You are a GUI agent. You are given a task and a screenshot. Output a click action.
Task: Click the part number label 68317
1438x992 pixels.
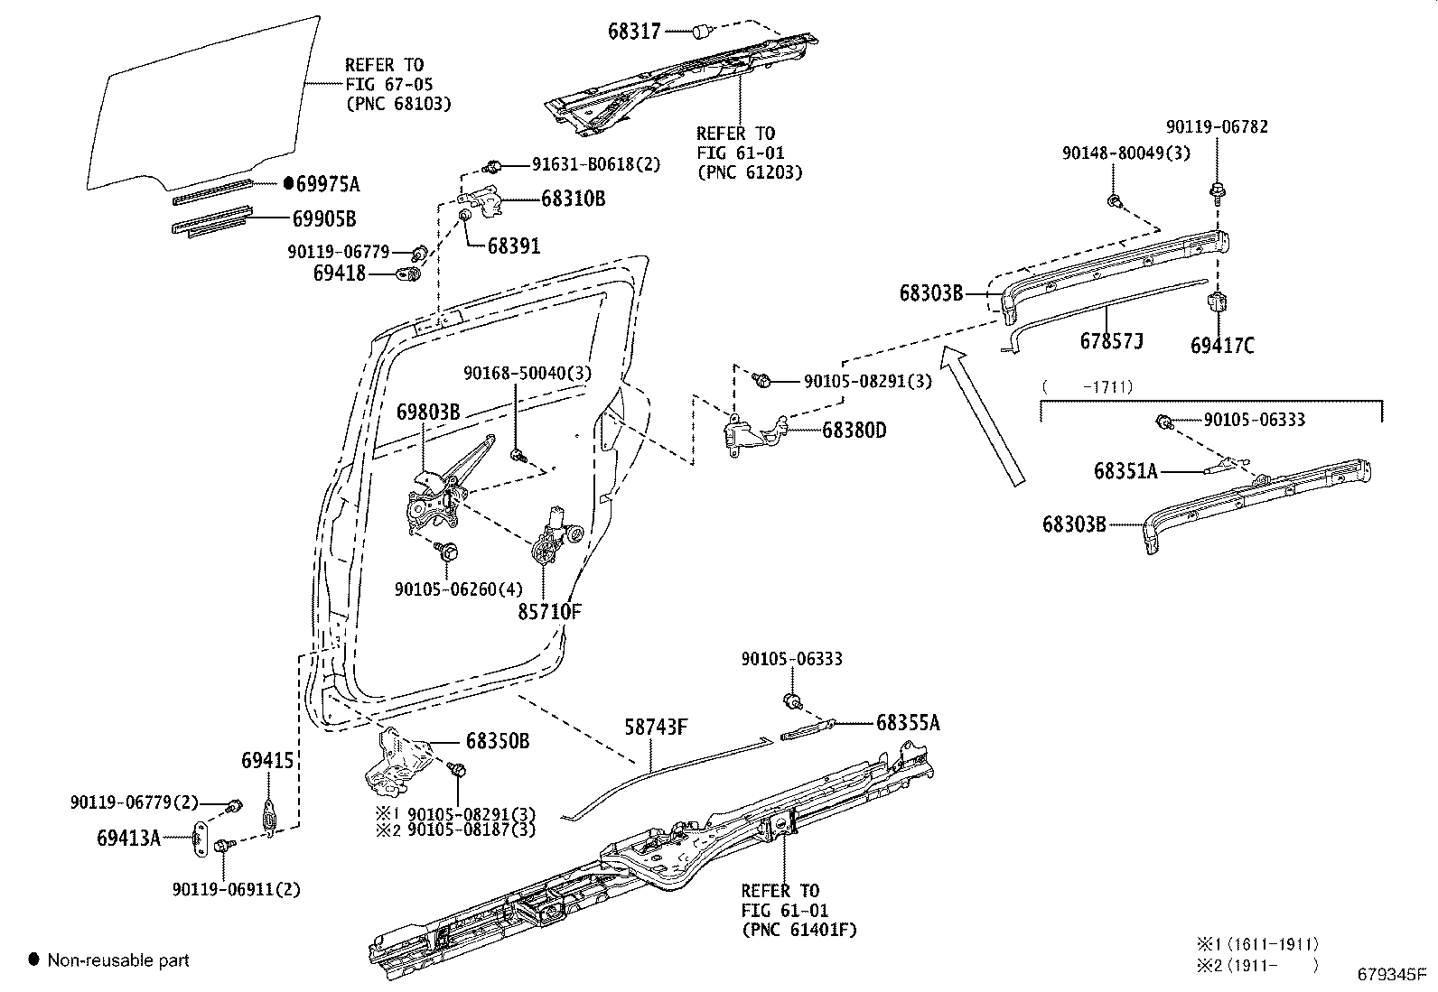click(x=634, y=32)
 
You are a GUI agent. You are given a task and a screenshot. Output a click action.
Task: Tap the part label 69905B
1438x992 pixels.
click(x=323, y=218)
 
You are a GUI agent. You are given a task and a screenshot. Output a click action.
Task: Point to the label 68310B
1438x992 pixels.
click(x=573, y=199)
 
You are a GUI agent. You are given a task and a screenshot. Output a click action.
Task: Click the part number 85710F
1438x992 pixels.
click(x=549, y=611)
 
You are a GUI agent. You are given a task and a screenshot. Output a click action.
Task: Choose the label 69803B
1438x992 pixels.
click(x=428, y=413)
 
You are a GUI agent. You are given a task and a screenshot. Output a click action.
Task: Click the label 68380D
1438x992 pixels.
click(x=854, y=431)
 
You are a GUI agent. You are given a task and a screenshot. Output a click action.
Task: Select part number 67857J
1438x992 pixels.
click(x=1112, y=341)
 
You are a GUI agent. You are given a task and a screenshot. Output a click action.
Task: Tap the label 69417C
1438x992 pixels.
click(x=1222, y=345)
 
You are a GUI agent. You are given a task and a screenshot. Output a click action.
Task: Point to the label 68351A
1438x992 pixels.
click(x=1125, y=470)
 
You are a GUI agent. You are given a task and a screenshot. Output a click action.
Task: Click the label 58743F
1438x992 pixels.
click(x=657, y=727)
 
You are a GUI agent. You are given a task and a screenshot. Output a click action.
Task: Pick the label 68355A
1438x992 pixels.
click(x=908, y=722)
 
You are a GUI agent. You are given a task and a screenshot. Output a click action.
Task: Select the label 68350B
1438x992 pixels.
click(x=497, y=741)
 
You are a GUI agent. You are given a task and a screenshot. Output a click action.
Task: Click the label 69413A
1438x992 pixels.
click(x=128, y=838)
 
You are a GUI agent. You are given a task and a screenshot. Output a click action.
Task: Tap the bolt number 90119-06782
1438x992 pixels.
click(x=1216, y=126)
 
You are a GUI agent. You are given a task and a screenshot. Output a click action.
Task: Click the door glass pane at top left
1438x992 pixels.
click(x=203, y=104)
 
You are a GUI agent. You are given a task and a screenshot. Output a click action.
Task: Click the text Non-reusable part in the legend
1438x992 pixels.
click(x=118, y=960)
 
